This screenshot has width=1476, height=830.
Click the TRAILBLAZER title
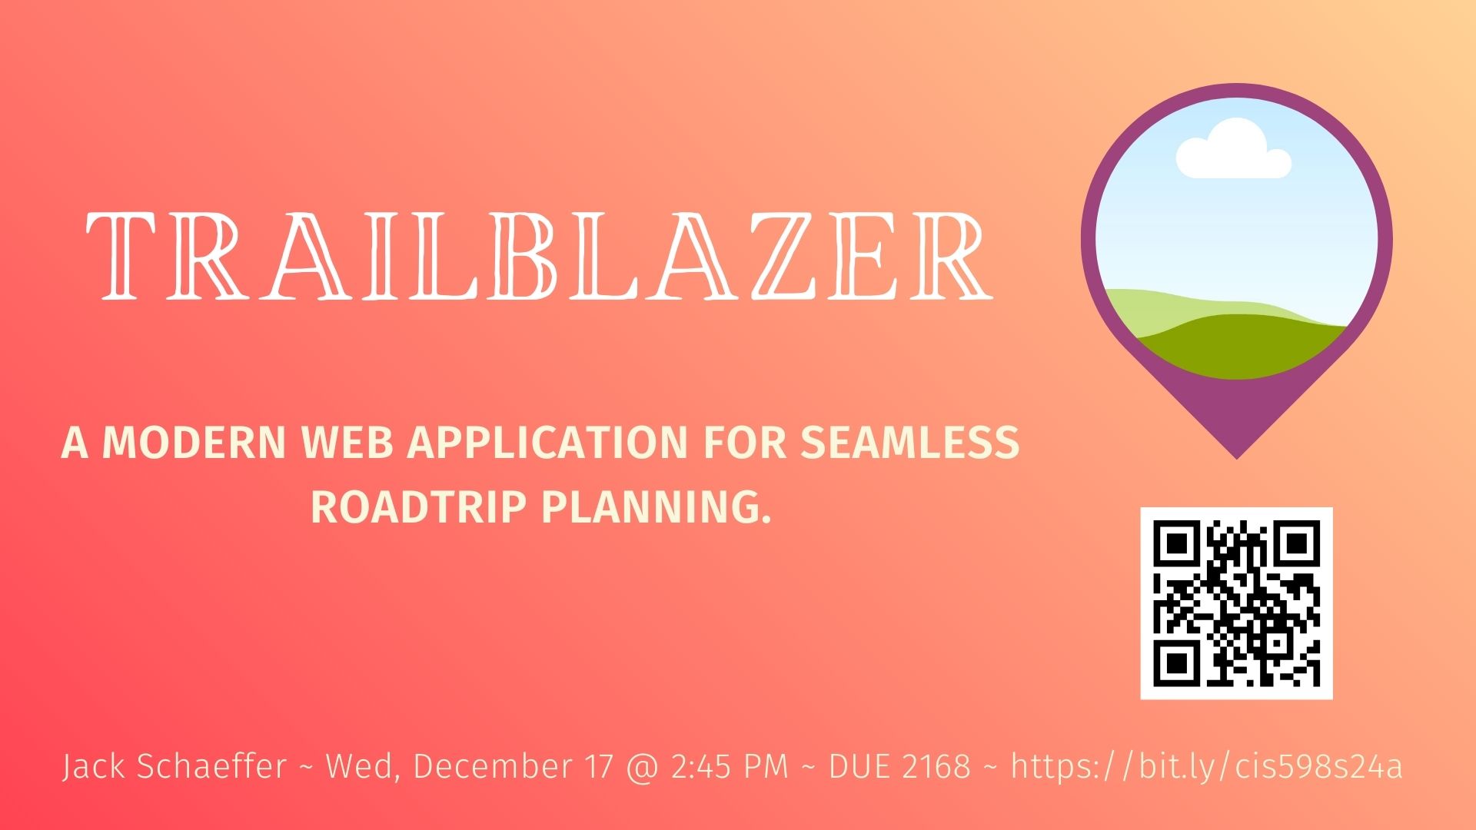540,255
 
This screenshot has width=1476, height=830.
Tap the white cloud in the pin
1233,151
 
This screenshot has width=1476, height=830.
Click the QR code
1236,603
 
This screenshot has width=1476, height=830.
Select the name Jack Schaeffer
175,766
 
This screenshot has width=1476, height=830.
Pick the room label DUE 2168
899,766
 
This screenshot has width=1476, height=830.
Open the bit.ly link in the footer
1206,766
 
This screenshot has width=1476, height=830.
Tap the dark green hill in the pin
1241,347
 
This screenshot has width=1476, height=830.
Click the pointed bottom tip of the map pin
1237,458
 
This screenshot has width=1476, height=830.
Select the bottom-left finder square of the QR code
1177,662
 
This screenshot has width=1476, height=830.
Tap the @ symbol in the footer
643,767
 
